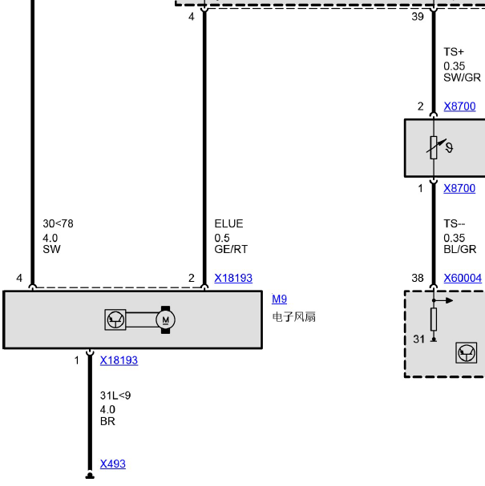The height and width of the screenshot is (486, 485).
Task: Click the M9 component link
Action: pos(279,299)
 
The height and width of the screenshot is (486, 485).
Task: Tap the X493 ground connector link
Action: pos(113,464)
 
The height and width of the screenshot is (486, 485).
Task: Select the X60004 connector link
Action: pos(463,278)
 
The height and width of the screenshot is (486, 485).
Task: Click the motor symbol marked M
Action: pos(165,320)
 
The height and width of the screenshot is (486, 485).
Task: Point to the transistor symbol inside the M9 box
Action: pos(115,319)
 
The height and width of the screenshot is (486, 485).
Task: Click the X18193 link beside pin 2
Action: pos(233,278)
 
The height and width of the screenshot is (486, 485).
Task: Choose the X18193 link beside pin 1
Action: pos(119,360)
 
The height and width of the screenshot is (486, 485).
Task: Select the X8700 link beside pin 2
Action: pos(459,106)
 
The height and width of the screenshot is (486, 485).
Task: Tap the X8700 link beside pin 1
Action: pos(459,188)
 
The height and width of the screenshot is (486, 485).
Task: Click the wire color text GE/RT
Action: pos(231,249)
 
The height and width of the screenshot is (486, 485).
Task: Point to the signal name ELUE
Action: pos(228,223)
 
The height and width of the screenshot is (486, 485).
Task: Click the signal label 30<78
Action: pos(58,223)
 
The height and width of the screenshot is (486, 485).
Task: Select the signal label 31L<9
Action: pos(115,396)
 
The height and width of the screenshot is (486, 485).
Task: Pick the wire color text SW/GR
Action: pos(462,78)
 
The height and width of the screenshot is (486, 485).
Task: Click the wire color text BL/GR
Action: pos(460,249)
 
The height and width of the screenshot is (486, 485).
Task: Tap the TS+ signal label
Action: pos(454,52)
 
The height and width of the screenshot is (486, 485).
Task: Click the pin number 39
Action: pos(418,17)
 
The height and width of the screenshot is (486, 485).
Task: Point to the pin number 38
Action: pos(418,278)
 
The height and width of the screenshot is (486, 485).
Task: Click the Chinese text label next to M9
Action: pos(294,317)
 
